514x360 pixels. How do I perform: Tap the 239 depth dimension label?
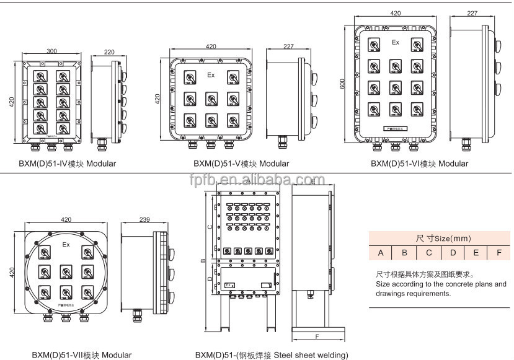(x=144, y=219)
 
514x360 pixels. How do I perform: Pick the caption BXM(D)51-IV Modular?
(x=67, y=164)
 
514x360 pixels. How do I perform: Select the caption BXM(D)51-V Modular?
(x=241, y=164)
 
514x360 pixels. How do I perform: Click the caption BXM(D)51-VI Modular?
(x=419, y=164)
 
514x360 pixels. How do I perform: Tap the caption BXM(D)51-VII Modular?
(x=82, y=355)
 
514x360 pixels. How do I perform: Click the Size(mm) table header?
(x=436, y=238)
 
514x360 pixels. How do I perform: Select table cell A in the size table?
(x=381, y=253)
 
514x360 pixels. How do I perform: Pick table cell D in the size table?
(x=453, y=253)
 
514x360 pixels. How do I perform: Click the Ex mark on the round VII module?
(x=66, y=245)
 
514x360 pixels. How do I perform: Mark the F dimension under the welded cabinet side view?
(x=317, y=337)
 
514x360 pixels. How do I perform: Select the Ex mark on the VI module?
(x=395, y=42)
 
